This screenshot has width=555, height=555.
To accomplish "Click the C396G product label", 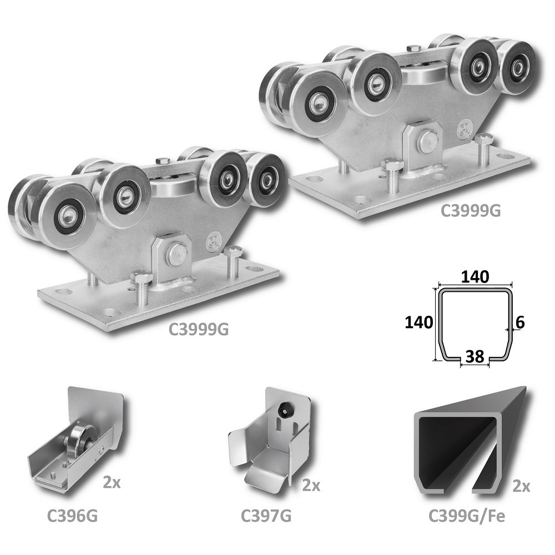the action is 73,516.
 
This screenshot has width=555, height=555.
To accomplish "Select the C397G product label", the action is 266,516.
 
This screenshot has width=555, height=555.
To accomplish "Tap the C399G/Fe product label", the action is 467,516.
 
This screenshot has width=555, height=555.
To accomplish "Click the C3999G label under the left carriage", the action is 199,330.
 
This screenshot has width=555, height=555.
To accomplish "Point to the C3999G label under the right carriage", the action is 471,210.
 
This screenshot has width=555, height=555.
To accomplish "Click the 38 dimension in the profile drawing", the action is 475,356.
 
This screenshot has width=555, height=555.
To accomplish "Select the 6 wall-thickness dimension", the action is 520,322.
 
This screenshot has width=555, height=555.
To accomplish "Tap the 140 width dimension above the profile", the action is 475,276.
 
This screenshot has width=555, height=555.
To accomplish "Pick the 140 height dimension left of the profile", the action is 418,322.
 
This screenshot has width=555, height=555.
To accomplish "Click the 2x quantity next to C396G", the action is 112,483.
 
